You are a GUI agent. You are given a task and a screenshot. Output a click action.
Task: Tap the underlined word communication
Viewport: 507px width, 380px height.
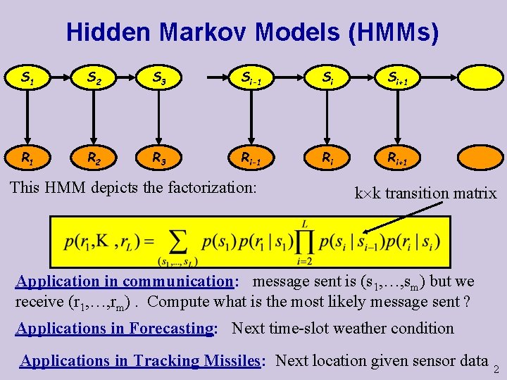[177, 281]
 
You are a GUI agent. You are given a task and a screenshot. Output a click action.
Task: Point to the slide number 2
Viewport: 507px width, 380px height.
[496, 369]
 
